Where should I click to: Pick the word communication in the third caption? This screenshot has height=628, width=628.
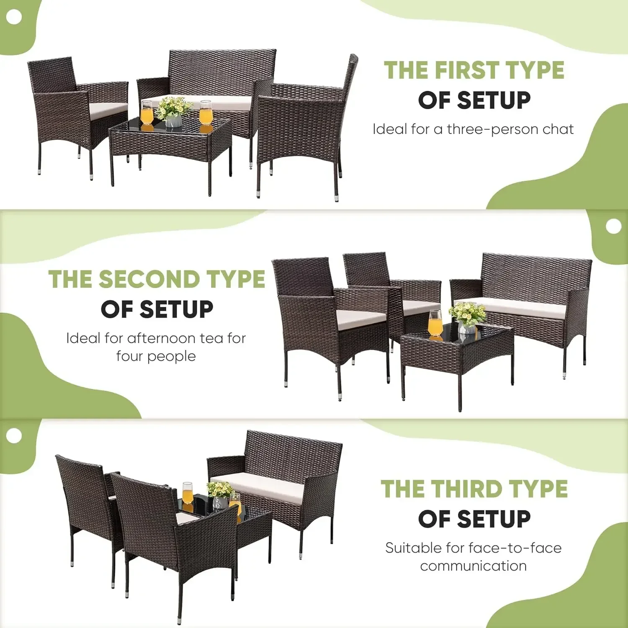coord(474,566)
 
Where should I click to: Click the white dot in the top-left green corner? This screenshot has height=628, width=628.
coord(15,17)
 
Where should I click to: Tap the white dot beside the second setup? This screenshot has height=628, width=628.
coord(613,226)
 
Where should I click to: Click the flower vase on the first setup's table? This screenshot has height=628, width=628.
coord(173,121)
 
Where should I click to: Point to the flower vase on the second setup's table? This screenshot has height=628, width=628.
coord(466,327)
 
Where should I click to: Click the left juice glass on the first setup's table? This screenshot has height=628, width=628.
coord(147,113)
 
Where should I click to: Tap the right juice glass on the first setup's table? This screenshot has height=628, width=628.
coord(206,112)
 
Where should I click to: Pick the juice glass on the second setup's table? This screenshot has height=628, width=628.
coord(435,323)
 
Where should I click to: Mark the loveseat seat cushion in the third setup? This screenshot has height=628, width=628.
coord(264,486)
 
